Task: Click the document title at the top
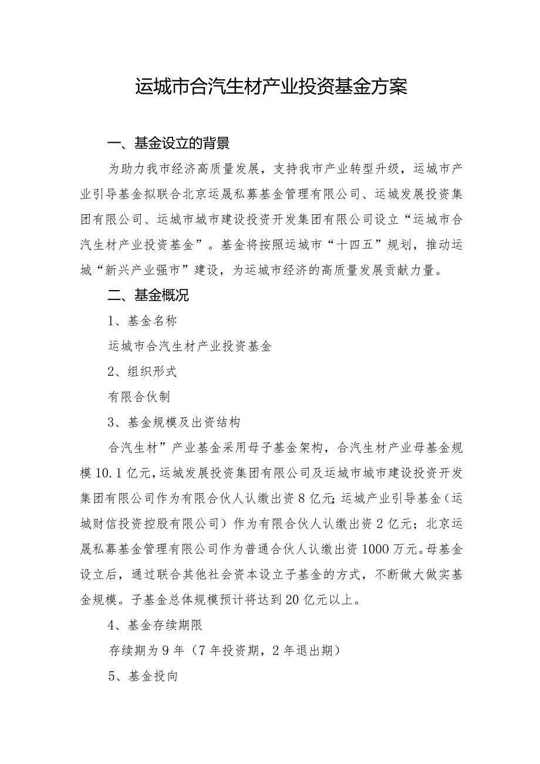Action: click(x=271, y=87)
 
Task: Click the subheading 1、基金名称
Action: click(x=143, y=321)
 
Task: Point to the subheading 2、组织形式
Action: click(x=143, y=372)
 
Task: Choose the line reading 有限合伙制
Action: click(x=139, y=397)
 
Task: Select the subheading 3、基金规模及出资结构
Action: click(x=174, y=422)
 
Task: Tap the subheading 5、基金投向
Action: click(x=143, y=675)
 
